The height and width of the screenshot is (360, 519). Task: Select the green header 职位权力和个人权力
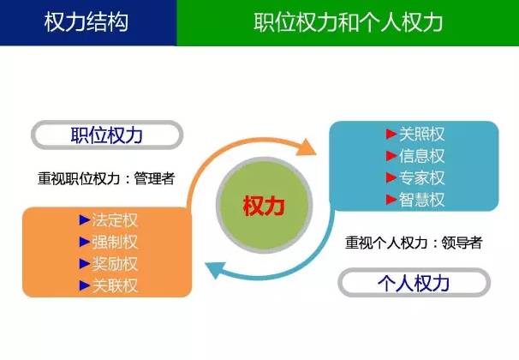point(348,22)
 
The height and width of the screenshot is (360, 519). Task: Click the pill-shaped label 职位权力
point(107,135)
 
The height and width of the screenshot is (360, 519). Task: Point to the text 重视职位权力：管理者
point(106,178)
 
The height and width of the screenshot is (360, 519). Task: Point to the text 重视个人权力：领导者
point(414,242)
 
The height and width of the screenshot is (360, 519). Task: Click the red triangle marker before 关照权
point(391,135)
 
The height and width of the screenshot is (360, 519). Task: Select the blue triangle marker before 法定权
point(83,220)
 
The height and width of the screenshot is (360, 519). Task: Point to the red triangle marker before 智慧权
point(391,199)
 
